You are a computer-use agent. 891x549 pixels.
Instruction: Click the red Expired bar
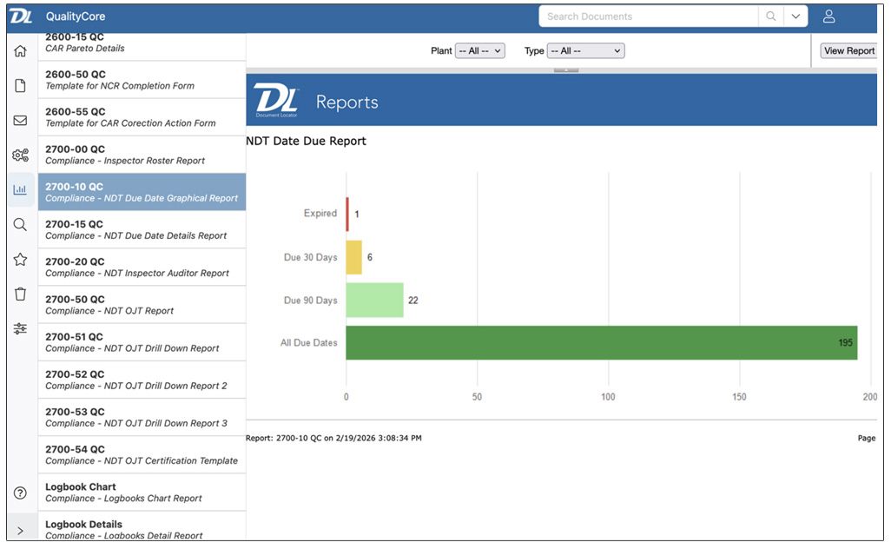coord(347,214)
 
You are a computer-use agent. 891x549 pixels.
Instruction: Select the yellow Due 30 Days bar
coord(353,257)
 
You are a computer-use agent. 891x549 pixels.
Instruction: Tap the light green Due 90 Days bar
coord(374,300)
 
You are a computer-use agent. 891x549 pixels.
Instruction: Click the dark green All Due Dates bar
coord(601,342)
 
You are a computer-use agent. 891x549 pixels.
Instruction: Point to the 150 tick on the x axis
coord(739,397)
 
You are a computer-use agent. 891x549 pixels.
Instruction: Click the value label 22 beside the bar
coord(413,301)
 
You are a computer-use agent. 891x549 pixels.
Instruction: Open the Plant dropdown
coord(479,51)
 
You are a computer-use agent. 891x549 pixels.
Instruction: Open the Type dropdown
coord(585,51)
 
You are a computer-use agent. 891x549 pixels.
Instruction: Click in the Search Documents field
coord(648,17)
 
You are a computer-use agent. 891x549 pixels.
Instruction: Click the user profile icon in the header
coord(828,17)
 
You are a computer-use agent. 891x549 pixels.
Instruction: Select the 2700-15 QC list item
coord(142,229)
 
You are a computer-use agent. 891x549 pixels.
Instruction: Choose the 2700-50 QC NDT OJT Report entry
coord(142,305)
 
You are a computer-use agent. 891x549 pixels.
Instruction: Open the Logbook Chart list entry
coord(142,492)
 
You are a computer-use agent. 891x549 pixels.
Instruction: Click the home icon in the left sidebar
coord(20,50)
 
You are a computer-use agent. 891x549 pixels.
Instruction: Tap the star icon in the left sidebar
coord(20,259)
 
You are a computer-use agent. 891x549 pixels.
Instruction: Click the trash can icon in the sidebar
coord(20,294)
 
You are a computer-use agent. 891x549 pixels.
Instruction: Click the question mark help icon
coord(20,493)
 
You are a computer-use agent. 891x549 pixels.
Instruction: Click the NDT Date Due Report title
coord(307,141)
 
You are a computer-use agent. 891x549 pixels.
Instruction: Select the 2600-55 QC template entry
coord(142,117)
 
